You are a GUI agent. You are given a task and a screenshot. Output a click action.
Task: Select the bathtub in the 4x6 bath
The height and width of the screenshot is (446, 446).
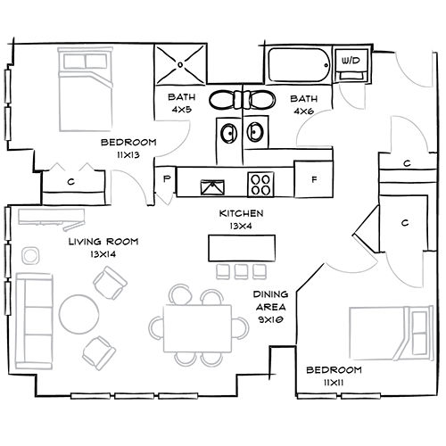click(x=298, y=64)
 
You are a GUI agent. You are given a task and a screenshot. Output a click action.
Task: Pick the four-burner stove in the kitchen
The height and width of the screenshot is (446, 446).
click(x=261, y=185)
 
